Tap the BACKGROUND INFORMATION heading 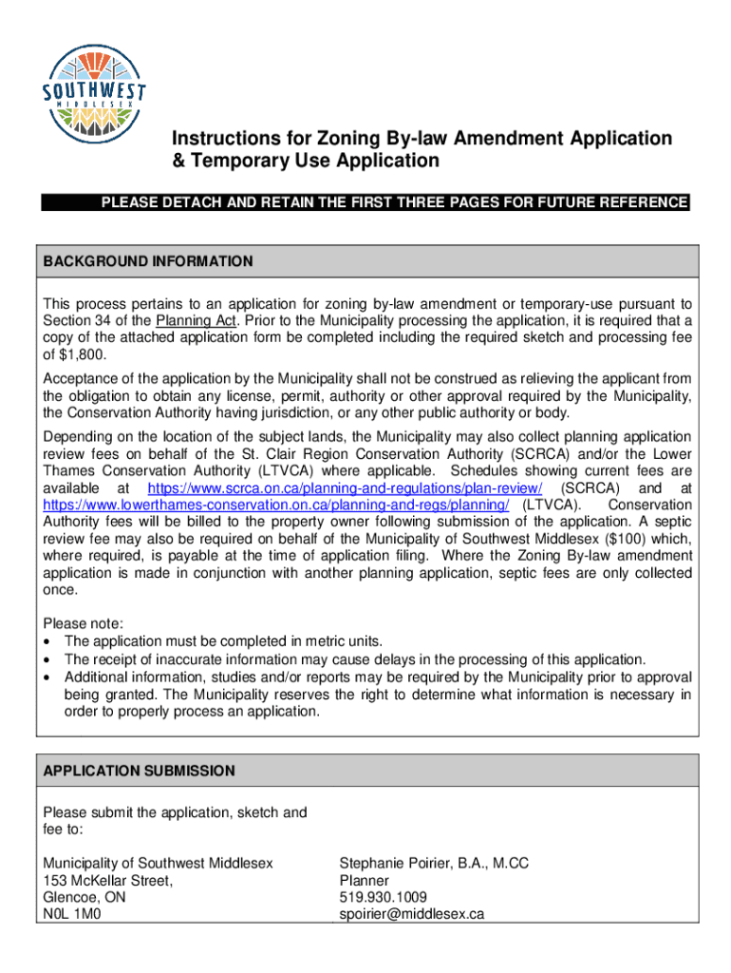pyautogui.click(x=148, y=261)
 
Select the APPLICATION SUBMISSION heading pyautogui.click(x=139, y=771)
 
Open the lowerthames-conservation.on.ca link pyautogui.click(x=276, y=505)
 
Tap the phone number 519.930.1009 pyautogui.click(x=383, y=897)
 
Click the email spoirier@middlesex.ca pyautogui.click(x=412, y=914)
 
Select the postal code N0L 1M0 pyautogui.click(x=72, y=914)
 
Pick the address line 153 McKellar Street pyautogui.click(x=107, y=880)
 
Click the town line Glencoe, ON pyautogui.click(x=84, y=897)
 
